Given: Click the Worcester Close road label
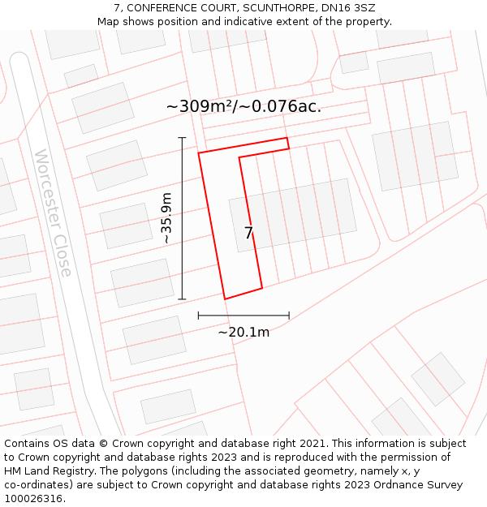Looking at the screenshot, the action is coord(53,213).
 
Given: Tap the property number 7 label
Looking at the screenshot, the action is coord(249,234).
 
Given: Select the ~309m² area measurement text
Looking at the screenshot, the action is coord(243,106).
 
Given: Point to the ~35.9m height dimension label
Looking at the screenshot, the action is coord(166,218).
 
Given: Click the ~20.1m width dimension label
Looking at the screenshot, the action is coord(243,331).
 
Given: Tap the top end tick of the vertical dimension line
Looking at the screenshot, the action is coord(182,138).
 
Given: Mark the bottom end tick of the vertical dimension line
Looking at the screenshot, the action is coord(182,299).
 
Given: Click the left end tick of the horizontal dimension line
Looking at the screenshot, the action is coord(198,315).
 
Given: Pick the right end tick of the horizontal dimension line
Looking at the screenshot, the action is coord(289,315).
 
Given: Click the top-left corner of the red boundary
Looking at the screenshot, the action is coord(199,152).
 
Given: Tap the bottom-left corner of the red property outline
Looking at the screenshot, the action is coord(225,299).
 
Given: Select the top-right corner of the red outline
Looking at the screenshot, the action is coord(287,138).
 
